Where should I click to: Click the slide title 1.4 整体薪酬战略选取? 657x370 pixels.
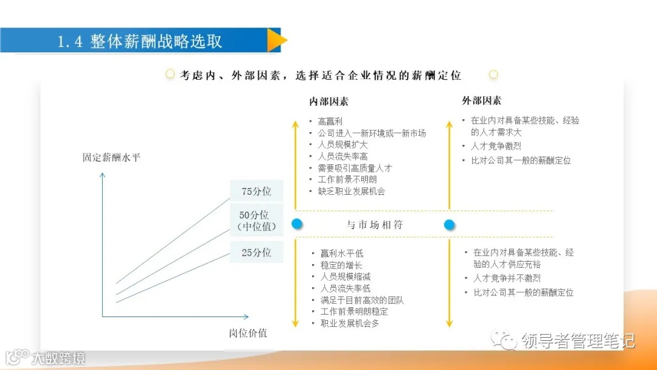(140, 41)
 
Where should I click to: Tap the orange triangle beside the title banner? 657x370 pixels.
(276, 41)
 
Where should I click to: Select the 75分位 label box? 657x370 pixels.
(256, 192)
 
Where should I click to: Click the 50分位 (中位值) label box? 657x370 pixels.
(256, 221)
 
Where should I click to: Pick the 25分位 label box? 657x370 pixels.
(256, 252)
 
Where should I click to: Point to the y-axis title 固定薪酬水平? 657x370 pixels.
(111, 158)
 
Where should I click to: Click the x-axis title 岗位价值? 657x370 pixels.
(248, 333)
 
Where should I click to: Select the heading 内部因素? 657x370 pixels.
(329, 102)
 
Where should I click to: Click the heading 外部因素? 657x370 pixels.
(482, 100)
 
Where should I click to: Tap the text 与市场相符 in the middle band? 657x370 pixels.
(375, 225)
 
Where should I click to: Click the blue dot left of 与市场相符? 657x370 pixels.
(297, 224)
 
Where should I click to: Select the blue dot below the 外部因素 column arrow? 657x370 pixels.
(450, 225)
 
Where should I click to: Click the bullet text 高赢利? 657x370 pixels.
(330, 122)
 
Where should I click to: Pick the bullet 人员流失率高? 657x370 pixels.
(342, 156)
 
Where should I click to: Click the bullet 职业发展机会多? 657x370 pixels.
(350, 323)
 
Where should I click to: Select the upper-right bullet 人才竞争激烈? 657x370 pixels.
(496, 146)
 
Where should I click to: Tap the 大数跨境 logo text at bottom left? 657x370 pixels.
(58, 358)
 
